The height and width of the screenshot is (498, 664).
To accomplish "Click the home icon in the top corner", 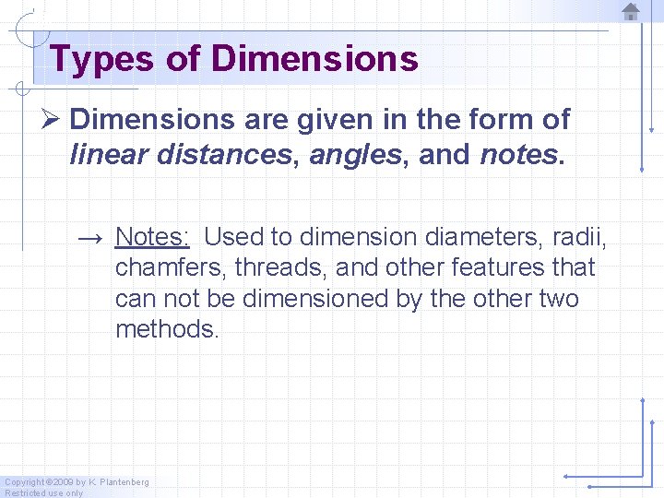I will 631,12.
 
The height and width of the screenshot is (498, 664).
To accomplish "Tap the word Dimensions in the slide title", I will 314,59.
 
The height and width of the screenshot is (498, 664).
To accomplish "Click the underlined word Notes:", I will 152,237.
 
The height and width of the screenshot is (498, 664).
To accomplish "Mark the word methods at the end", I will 167,330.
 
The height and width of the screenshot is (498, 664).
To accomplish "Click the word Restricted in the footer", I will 26,492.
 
